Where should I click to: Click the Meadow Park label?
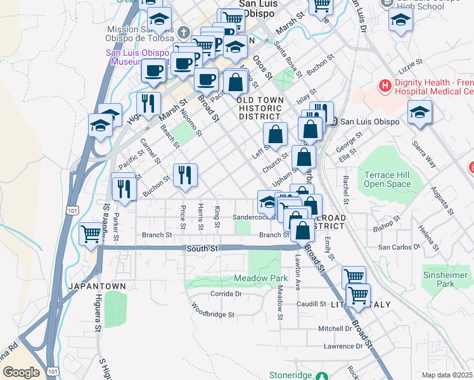[x=260, y=278]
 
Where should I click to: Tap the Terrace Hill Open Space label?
[x=387, y=179]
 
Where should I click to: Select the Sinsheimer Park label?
[x=447, y=279]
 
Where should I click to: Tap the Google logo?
[x=21, y=372]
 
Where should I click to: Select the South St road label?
[x=202, y=249]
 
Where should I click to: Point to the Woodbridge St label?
[x=214, y=314]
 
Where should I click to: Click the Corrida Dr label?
[x=226, y=294]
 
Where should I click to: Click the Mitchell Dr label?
[x=335, y=329]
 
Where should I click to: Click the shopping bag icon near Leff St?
[x=276, y=134]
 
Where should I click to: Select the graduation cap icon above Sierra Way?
[x=420, y=112]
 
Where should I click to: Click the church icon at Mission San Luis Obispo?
[x=183, y=32]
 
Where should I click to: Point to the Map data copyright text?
[x=447, y=375]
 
